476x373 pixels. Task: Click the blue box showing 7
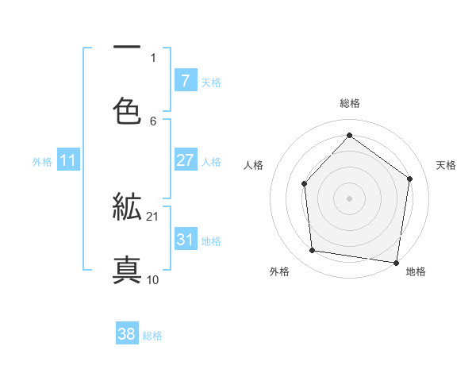[185, 81]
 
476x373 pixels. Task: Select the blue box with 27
[185, 160]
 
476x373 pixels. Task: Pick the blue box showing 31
[185, 240]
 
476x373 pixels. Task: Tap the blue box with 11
[68, 160]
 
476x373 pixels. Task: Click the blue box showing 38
[127, 334]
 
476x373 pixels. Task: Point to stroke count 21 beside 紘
[153, 217]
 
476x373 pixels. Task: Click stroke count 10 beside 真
[153, 279]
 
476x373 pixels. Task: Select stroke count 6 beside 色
[153, 121]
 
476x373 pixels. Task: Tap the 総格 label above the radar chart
[350, 103]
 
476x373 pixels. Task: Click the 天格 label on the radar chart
[446, 165]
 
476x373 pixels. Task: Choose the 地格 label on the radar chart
[416, 271]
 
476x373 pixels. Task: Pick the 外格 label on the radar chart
[279, 271]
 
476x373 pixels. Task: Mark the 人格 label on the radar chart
[254, 165]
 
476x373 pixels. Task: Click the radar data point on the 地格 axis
[397, 262]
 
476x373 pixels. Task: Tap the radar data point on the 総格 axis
[350, 135]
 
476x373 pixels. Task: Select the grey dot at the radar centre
[350, 198]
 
